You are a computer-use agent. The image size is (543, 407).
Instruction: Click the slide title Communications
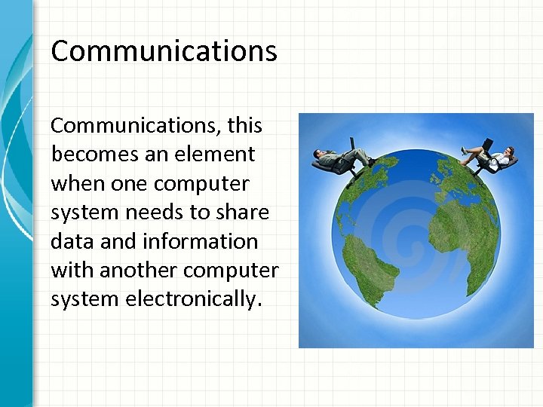(164, 51)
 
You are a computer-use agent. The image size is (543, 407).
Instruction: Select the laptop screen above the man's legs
(352, 142)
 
